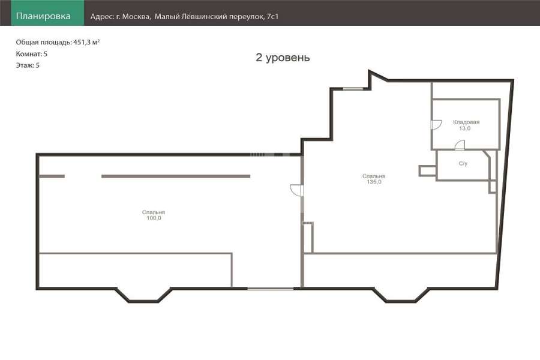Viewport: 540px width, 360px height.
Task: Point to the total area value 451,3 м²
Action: click(86, 42)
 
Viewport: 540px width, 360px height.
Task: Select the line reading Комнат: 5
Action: click(31, 54)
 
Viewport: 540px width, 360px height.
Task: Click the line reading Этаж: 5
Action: click(28, 65)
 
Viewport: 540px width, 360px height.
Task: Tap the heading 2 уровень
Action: click(283, 57)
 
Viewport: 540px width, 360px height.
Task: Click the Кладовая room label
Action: click(466, 122)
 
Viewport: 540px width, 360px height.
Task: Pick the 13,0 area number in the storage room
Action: click(464, 128)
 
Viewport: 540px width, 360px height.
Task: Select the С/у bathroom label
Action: click(463, 163)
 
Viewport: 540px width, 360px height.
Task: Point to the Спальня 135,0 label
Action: click(374, 179)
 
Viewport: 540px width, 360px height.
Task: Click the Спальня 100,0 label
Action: click(154, 215)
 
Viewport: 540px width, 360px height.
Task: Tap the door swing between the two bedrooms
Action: click(296, 190)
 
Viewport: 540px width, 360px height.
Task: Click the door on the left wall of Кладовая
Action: click(436, 125)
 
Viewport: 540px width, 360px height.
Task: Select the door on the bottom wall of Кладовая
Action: click(460, 145)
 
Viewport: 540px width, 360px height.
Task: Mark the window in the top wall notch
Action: click(353, 89)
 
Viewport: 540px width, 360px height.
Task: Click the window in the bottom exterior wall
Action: click(271, 288)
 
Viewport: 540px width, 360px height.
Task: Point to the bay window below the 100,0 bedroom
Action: click(143, 296)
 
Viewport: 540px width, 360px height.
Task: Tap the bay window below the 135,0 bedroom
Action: click(401, 296)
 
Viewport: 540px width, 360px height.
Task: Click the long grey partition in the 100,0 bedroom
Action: click(176, 176)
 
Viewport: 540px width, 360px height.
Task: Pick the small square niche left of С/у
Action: click(427, 171)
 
